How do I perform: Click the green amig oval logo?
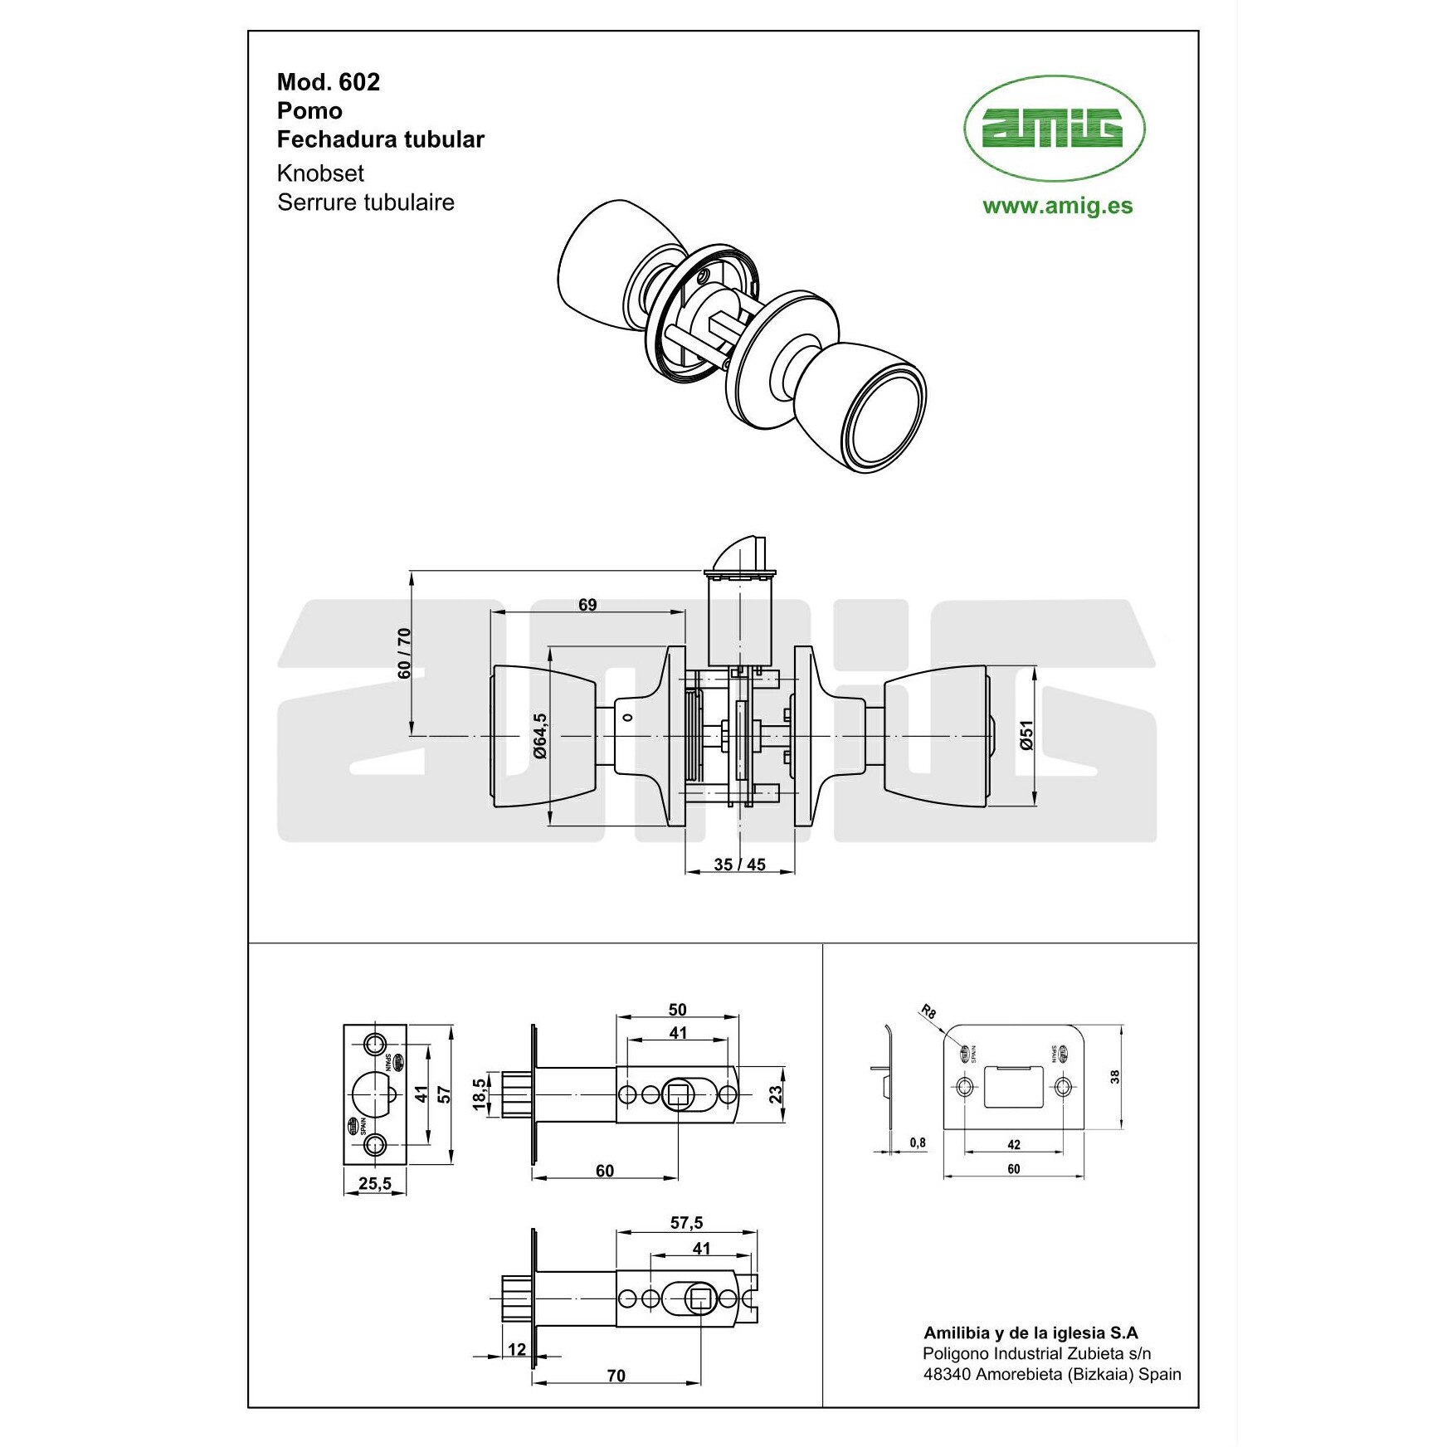[1054, 129]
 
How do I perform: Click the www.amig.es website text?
[1057, 206]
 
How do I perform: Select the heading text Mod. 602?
[329, 82]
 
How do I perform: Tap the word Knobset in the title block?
[320, 173]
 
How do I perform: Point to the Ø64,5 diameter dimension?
[540, 735]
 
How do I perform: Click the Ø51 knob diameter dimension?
[1026, 735]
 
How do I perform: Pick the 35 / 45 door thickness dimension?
[739, 865]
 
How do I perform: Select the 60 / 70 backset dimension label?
[404, 653]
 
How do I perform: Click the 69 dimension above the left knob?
[587, 605]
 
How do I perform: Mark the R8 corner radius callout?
[928, 1011]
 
